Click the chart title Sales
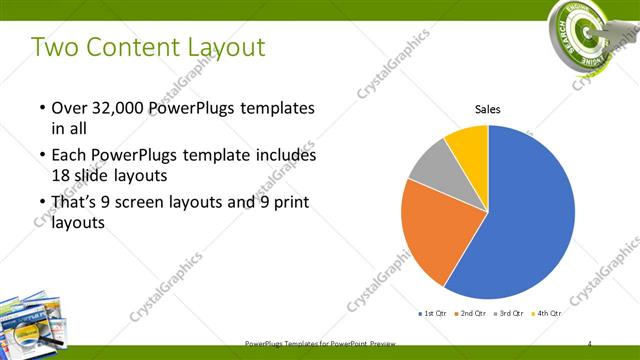coord(487,109)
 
